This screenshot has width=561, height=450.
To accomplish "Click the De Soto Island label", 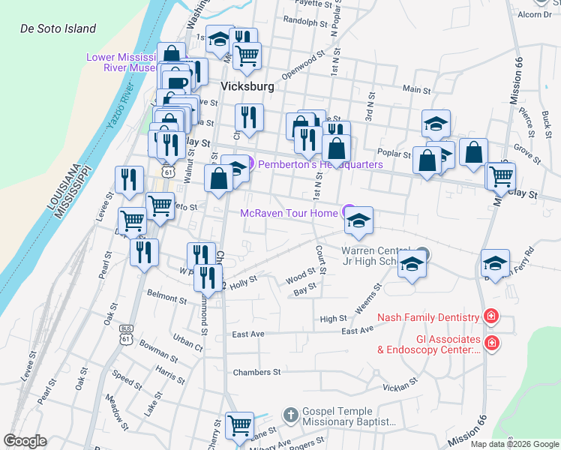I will coord(58,28).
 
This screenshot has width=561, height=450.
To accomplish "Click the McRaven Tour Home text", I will coord(289,213).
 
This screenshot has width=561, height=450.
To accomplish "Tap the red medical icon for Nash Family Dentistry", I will coord(490,317).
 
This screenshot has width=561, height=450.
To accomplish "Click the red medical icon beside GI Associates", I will coord(490,343).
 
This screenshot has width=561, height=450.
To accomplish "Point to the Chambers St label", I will coord(256,372).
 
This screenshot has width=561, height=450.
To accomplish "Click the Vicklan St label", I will coord(399,388).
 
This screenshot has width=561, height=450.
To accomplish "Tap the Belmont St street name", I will coord(166,298).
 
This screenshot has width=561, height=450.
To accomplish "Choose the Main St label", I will coord(416,89).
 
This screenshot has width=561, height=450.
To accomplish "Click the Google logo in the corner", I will coord(25,441).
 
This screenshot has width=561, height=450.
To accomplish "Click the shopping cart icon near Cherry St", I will coord(239,426).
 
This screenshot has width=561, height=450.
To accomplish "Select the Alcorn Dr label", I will coord(534,13).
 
